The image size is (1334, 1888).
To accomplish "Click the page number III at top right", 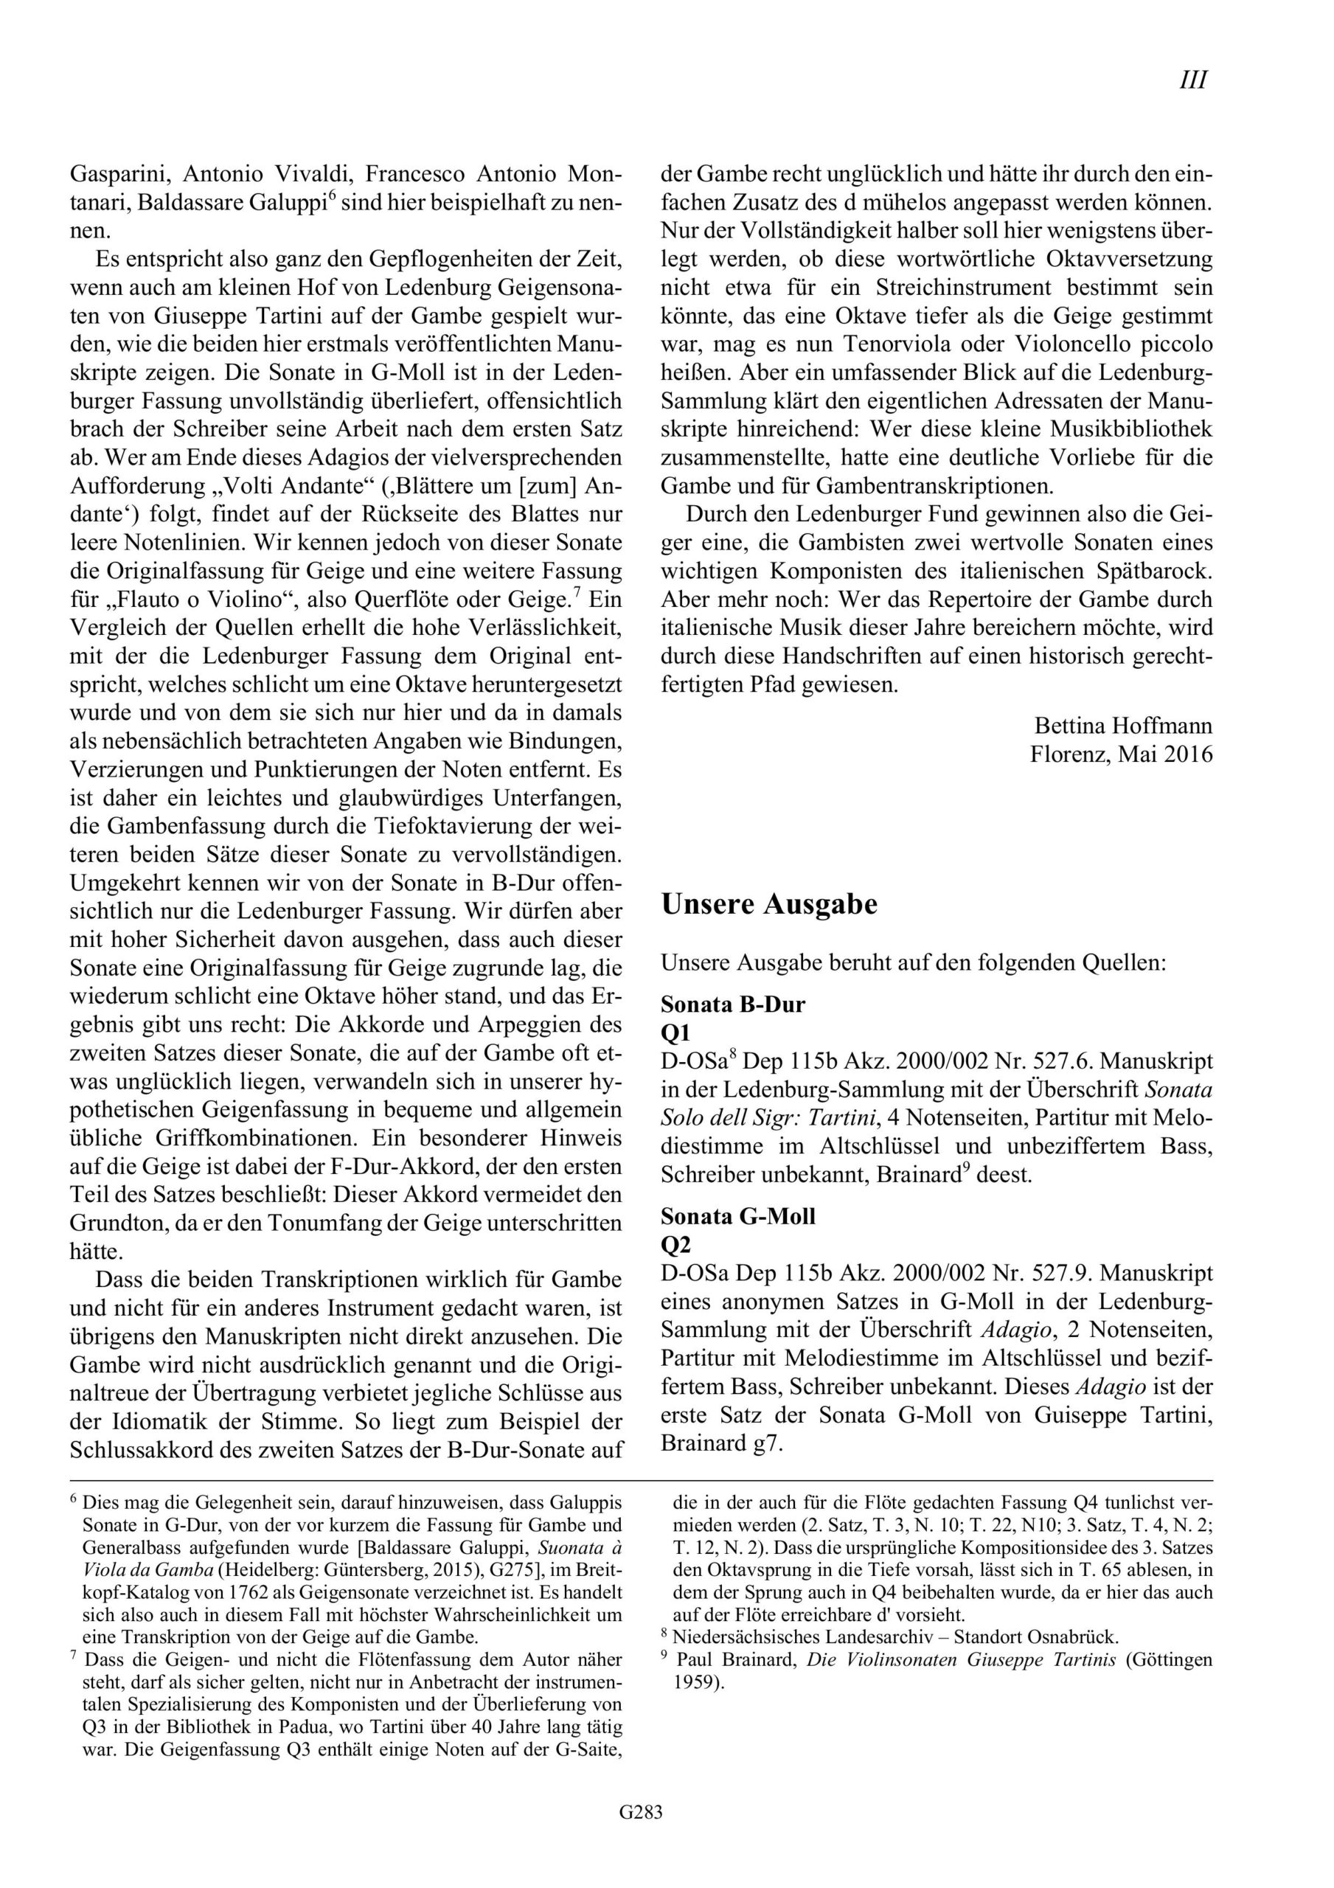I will pos(1192,80).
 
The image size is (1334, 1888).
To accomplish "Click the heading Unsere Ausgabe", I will pos(769,904).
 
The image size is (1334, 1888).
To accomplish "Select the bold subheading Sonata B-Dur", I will pos(733,1004).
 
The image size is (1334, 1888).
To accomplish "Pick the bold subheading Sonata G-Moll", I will pos(737,1215).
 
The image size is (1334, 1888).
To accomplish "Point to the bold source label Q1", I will pos(675,1032).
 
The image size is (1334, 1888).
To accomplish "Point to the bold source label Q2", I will pos(675,1244).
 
